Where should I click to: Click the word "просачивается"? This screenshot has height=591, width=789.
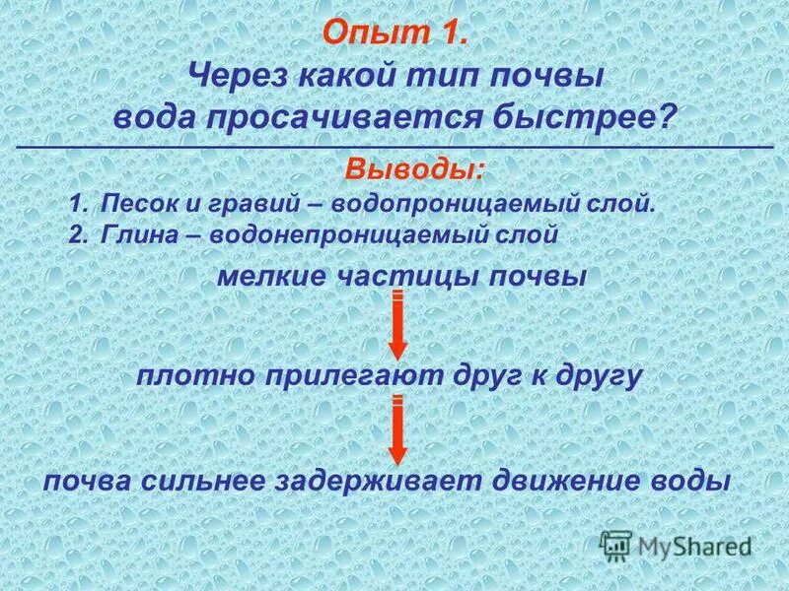[356, 117]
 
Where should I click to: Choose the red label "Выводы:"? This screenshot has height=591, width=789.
[415, 168]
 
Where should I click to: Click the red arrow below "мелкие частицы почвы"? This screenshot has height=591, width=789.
[396, 325]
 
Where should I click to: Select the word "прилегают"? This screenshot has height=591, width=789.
[347, 375]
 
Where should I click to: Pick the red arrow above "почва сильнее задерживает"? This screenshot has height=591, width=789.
[396, 429]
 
